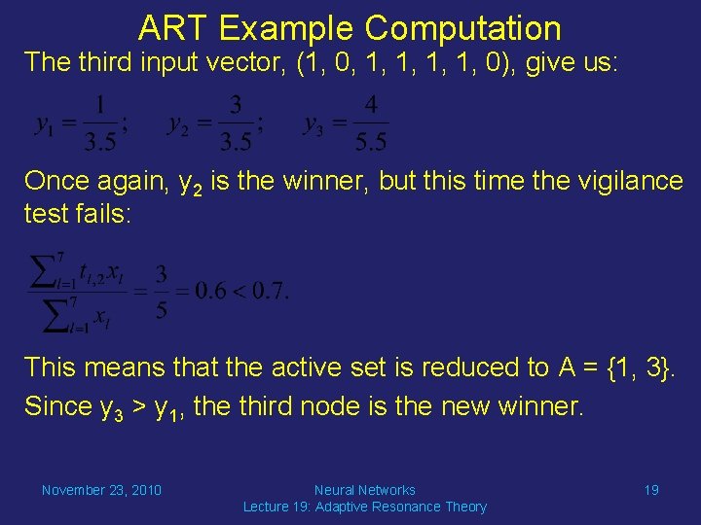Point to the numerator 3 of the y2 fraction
coord(236,105)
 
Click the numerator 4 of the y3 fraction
coord(371,105)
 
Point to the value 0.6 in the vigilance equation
coord(209,289)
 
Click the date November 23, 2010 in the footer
coord(101,490)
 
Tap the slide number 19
coord(651,490)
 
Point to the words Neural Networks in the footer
coord(365,490)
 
